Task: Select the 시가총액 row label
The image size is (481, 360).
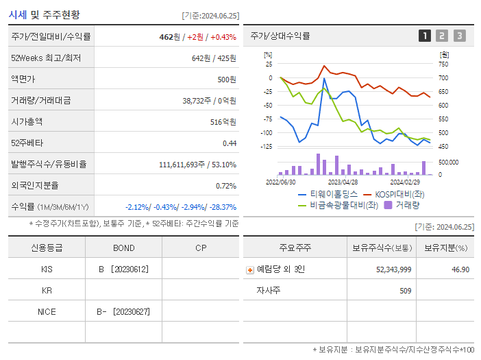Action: (27, 121)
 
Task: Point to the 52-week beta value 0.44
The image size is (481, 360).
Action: (230, 143)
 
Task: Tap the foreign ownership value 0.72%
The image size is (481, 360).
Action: (226, 185)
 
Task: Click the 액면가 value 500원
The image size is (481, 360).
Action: (227, 79)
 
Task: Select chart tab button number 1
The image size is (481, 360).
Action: (425, 36)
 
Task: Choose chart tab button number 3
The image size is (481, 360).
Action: (459, 36)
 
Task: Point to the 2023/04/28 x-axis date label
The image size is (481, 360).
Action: (343, 182)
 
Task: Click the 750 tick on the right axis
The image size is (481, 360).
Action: (443, 64)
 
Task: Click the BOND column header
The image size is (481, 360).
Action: (123, 248)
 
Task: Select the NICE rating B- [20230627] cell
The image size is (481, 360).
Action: (123, 311)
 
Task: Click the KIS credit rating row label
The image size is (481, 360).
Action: (47, 269)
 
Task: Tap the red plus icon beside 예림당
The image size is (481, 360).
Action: (250, 269)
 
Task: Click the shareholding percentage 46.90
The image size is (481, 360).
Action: (460, 269)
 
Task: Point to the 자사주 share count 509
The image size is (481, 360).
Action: (404, 290)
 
